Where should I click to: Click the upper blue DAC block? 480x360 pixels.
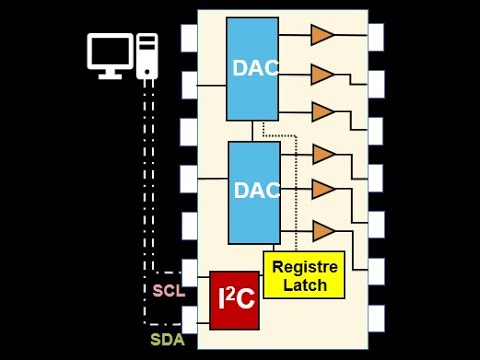click(x=252, y=68)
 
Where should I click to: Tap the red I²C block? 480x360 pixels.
click(x=233, y=300)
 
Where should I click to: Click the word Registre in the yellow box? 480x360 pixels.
click(x=305, y=267)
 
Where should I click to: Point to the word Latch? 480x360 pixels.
click(x=305, y=285)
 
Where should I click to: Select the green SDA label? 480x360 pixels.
click(x=168, y=338)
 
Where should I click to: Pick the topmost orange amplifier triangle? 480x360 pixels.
click(x=321, y=36)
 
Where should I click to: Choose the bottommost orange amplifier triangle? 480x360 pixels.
click(x=321, y=231)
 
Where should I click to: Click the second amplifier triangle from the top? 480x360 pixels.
click(x=321, y=74)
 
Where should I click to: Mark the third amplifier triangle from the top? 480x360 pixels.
click(x=321, y=112)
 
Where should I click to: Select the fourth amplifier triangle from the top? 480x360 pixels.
click(x=321, y=154)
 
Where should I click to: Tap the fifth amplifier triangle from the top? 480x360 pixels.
click(x=321, y=189)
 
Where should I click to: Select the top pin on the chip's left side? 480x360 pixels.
click(x=190, y=38)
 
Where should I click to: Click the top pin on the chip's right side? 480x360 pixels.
click(x=376, y=36)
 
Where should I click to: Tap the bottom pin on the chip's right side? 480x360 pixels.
click(x=376, y=319)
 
